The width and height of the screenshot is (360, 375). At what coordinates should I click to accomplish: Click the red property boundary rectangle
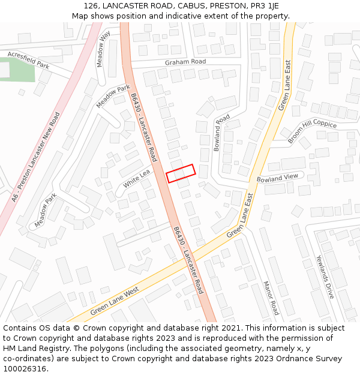181,173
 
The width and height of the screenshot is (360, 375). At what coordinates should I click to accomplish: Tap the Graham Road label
185,62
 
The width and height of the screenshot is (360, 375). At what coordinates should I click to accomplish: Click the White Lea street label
136,178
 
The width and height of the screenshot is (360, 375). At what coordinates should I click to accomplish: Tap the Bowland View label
277,178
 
